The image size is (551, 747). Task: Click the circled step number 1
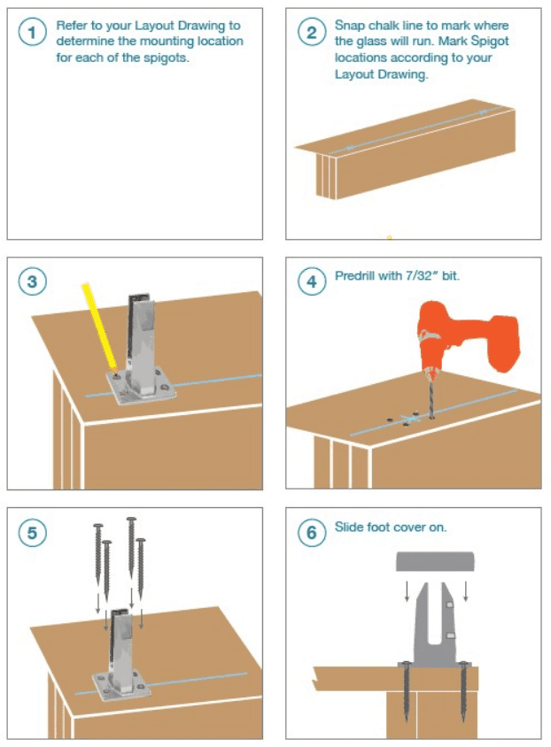32,32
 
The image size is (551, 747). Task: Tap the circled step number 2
311,32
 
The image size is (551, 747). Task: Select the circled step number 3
32,281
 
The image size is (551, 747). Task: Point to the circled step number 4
311,281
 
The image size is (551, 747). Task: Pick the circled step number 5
32,532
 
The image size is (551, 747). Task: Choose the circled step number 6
311,532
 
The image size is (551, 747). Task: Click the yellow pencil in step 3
99,327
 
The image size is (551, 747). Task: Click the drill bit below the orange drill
431,395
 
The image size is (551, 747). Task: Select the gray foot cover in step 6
435,561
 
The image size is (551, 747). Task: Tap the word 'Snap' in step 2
350,26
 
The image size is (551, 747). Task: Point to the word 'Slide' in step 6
349,527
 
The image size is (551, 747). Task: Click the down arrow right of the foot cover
466,590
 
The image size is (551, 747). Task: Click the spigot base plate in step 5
120,686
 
